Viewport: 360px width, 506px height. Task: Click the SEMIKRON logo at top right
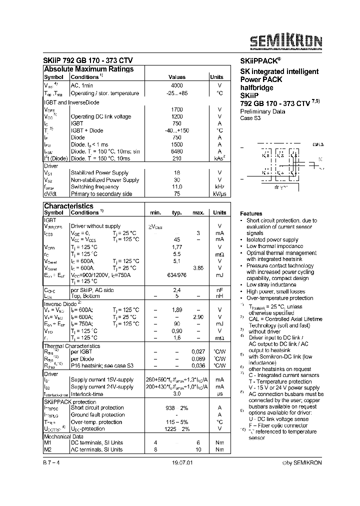pos(286,40)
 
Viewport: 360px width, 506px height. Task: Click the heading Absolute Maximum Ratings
pos(88,69)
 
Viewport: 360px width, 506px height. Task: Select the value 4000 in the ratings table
pos(176,86)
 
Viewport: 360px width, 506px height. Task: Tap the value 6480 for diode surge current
pos(176,151)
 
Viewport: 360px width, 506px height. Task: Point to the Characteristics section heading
pos(68,206)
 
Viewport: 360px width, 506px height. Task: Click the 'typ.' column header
pos(176,213)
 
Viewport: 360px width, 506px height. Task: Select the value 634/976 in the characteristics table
pos(176,274)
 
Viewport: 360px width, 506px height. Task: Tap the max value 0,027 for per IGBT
pos(198,352)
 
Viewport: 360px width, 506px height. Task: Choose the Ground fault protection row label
pos(97,415)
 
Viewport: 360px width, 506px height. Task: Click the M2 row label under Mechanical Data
pos(48,449)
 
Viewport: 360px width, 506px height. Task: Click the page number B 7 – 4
pos(51,463)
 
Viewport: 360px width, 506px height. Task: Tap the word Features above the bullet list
pos(251,213)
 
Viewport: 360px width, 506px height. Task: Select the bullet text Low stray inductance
pos(272,284)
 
